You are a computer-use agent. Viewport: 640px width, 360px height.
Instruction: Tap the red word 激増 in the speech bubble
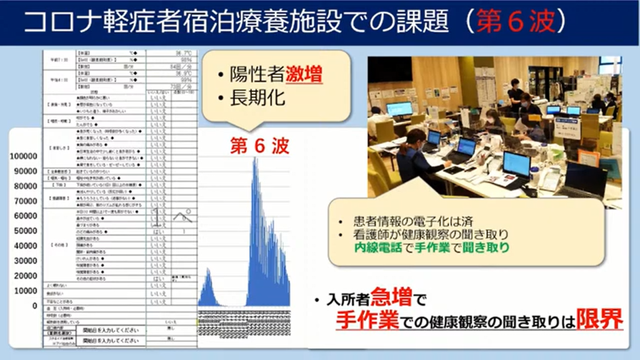coord(304,76)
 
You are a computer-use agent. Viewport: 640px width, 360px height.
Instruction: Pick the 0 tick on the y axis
coord(34,306)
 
